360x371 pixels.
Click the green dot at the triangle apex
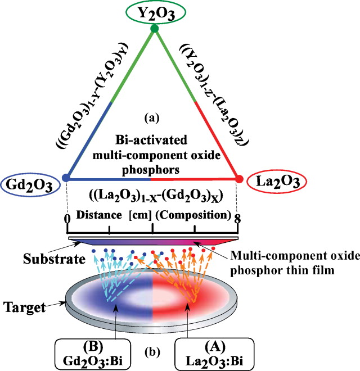pyautogui.click(x=155, y=28)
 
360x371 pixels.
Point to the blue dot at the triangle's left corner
pyautogui.click(x=66, y=178)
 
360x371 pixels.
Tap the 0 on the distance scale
pyautogui.click(x=66, y=218)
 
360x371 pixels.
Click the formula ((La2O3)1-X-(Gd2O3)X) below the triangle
pyautogui.click(x=151, y=198)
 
